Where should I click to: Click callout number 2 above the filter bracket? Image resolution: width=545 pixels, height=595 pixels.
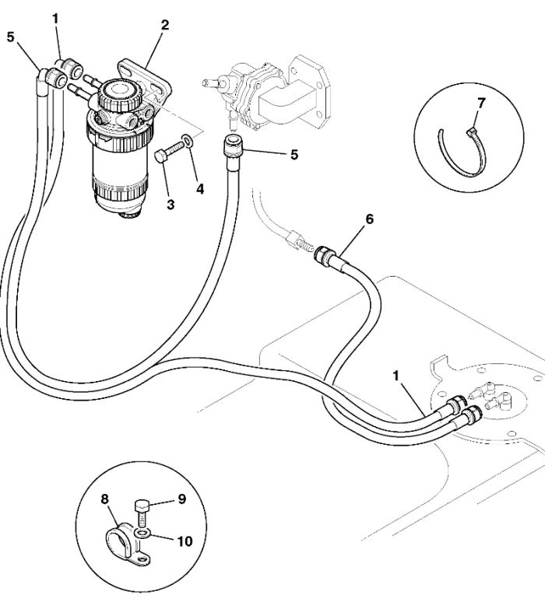[164, 26]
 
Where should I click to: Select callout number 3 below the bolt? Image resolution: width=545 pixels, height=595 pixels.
[171, 205]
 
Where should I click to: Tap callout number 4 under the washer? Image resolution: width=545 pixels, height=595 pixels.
[200, 189]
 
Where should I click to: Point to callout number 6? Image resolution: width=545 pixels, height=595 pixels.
[369, 219]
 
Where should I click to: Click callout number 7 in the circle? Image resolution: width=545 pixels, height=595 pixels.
[481, 103]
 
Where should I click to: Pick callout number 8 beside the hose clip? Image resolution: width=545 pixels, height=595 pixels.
[105, 499]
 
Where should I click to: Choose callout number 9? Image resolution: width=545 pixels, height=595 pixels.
[182, 499]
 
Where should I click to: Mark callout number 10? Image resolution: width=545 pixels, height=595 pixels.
[185, 541]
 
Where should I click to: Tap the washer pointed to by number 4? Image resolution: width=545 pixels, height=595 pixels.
[187, 141]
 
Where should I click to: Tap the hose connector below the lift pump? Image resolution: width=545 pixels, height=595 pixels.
[234, 146]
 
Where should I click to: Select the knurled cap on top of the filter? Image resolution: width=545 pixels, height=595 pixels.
[120, 94]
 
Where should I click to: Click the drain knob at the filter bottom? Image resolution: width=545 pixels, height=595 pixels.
[129, 216]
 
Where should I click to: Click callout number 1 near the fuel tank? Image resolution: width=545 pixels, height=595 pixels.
[396, 376]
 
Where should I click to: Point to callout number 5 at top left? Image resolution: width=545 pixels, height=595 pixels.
[10, 37]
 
